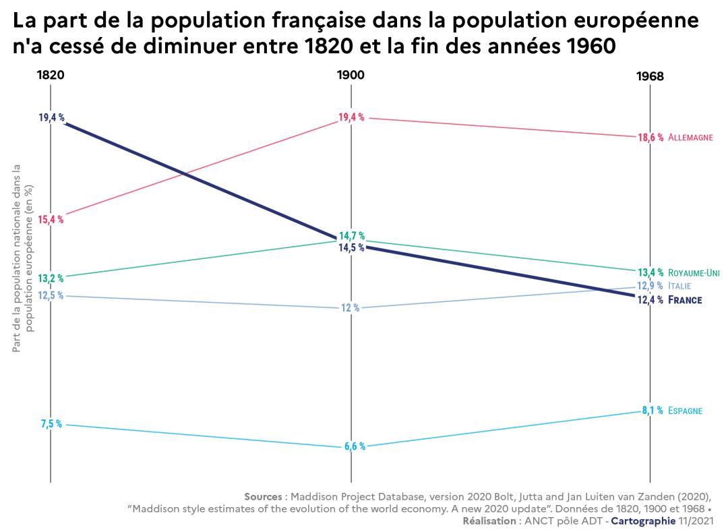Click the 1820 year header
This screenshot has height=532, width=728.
pos(51,75)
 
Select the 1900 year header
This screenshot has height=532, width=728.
pos(351,75)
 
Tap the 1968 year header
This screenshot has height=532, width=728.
pos(650,77)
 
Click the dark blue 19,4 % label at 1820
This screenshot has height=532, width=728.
pos(51,117)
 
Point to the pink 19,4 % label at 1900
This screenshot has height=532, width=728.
pos(351,117)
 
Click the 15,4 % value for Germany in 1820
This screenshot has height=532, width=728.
pos(51,219)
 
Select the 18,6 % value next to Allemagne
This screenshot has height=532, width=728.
pos(650,138)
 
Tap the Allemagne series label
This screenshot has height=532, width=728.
pos(690,138)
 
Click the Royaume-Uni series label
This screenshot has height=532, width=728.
pos(694,273)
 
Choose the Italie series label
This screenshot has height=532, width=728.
pos(679,286)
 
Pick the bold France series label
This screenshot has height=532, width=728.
pos(685,300)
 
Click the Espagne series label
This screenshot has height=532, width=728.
pos(686,411)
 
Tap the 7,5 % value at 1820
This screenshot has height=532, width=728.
pos(51,424)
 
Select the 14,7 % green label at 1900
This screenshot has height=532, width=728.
pos(352,236)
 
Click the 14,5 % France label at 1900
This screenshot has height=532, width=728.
pos(352,248)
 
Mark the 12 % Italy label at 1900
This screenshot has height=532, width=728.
pos(350,308)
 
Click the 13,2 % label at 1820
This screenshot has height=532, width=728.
pos(51,278)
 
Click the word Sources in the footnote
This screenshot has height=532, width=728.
pos(263,496)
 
